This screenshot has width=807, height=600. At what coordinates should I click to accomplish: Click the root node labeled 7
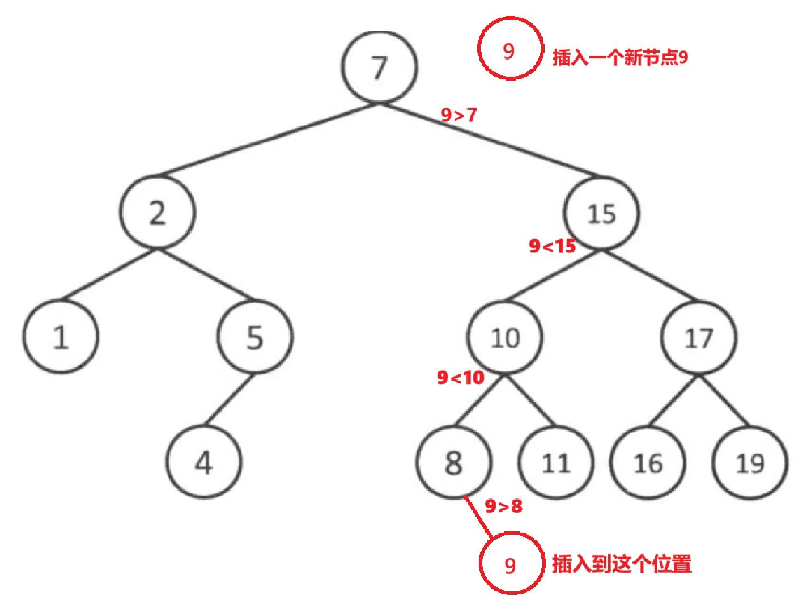380,66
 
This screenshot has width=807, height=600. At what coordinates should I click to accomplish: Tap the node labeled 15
601,213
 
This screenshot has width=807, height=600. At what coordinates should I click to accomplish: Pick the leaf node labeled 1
61,336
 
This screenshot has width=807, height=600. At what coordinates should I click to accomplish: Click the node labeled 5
255,336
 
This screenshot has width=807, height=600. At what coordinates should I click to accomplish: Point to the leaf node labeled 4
204,462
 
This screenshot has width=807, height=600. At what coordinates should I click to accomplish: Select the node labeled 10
505,337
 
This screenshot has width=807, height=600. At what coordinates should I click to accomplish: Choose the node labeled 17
699,338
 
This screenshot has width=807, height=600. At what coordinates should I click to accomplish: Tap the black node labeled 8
453,462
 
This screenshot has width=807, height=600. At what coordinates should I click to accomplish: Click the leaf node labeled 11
556,463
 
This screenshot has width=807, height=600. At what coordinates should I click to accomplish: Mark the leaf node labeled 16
648,463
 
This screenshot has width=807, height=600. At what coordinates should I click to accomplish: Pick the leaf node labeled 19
750,463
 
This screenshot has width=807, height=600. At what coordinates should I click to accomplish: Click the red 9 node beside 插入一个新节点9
509,50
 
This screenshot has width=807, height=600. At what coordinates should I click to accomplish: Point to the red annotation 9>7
459,115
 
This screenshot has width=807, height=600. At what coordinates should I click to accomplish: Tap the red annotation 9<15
553,246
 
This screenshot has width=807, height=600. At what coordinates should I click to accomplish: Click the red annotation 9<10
461,377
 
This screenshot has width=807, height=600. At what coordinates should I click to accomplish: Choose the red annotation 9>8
503,505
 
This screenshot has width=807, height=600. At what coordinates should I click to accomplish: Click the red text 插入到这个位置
622,564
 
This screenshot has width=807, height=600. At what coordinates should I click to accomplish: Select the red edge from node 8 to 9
478,516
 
